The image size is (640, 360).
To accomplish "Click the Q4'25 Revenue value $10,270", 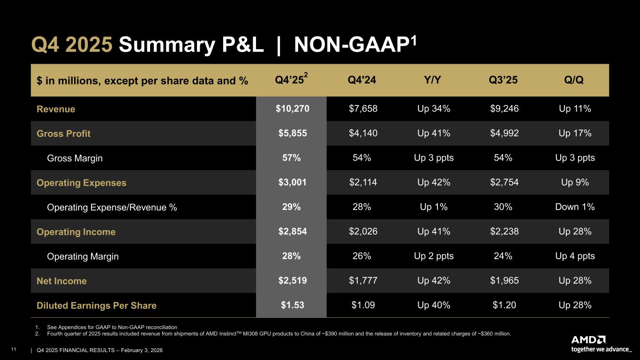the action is tap(292, 109).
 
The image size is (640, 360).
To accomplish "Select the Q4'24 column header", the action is tap(361, 80).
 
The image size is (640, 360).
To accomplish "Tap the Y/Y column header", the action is tap(432, 80).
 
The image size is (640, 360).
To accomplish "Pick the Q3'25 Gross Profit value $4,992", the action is tap(504, 133).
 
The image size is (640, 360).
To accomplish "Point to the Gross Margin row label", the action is tap(75, 158).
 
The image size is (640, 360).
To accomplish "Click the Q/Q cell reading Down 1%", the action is tap(575, 207).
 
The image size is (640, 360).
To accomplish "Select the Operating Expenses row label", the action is tap(82, 182).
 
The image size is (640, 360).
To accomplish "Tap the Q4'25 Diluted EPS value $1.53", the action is tap(292, 305).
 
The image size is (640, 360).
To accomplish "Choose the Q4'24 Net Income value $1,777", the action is tap(363, 281).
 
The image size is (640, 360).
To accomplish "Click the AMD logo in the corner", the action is tap(588, 340).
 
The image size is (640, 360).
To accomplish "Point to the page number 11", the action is tap(14, 349).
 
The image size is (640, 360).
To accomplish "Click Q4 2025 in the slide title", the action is tap(72, 45).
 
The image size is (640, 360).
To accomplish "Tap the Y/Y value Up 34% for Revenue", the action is tap(434, 109).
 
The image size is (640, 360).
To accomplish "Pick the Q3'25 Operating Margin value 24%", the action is tap(503, 256).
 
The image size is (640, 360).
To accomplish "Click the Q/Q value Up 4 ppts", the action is tap(575, 256).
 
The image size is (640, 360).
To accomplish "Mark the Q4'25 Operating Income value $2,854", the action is tap(292, 232).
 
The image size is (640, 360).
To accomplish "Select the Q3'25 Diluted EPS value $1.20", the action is tap(504, 305).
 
